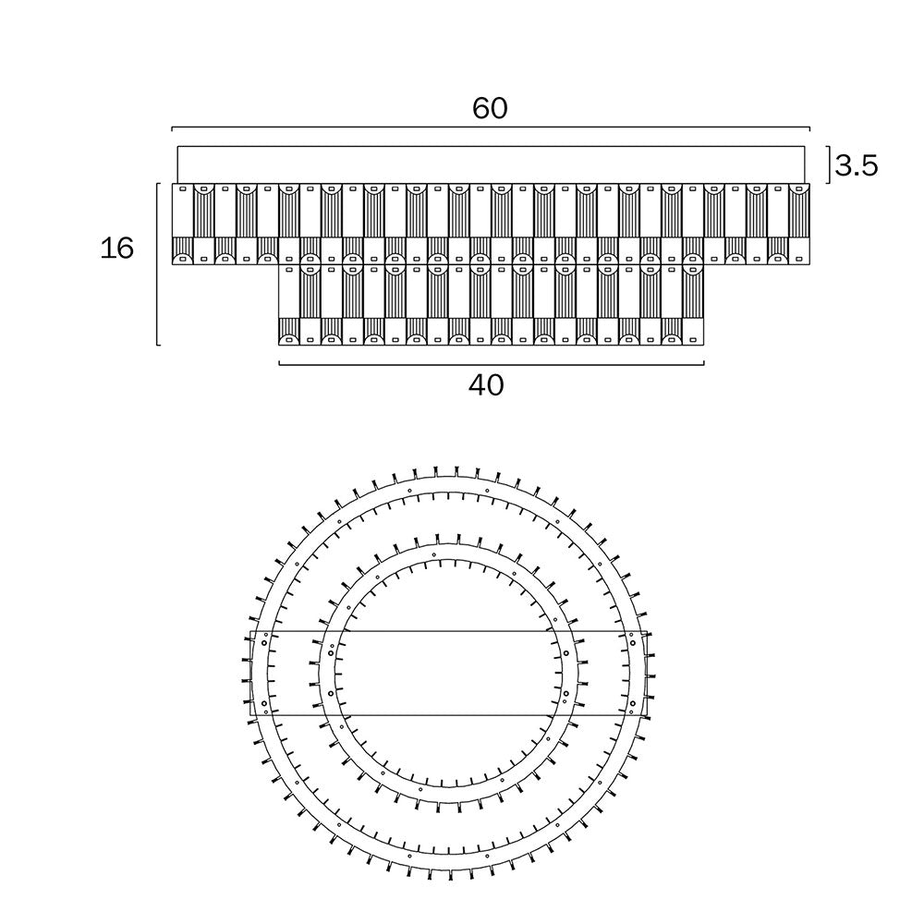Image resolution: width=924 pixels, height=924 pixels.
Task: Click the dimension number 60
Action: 490,108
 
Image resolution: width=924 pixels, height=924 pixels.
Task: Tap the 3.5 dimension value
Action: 857,166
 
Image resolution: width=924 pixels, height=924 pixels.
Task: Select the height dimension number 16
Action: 116,248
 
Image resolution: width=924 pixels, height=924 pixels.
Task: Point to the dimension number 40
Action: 486,385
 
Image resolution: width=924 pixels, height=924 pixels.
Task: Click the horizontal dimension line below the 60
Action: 491,128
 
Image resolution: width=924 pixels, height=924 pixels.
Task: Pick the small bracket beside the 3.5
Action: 829,165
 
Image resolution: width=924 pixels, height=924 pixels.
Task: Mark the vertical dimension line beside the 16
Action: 157,264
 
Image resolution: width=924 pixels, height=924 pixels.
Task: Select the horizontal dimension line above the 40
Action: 491,364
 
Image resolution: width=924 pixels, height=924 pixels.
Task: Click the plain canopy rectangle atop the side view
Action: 491,165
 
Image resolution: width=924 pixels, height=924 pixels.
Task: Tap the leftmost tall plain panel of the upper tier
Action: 183,211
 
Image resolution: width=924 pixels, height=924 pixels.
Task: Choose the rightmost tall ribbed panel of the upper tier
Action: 798,211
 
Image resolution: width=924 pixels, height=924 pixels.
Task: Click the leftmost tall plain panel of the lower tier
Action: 289,291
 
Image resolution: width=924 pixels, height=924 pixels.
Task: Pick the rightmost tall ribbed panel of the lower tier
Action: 693,291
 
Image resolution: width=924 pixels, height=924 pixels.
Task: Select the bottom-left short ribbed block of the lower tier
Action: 289,332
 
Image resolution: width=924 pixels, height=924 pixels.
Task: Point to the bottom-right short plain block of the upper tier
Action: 798,251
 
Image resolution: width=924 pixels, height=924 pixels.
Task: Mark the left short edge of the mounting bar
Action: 251,674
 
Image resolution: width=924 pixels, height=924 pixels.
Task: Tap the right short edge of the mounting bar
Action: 647,674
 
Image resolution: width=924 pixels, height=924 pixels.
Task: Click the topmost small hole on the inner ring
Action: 434,554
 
